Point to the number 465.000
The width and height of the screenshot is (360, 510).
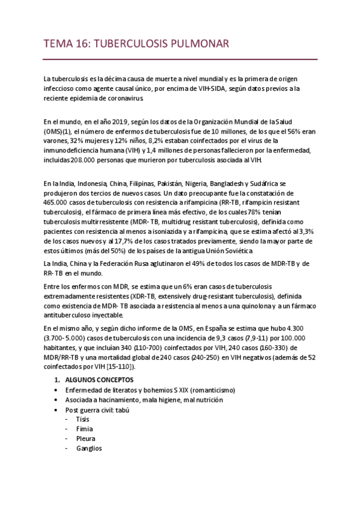pos(57,203)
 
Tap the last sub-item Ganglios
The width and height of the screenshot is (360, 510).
pos(89,448)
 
